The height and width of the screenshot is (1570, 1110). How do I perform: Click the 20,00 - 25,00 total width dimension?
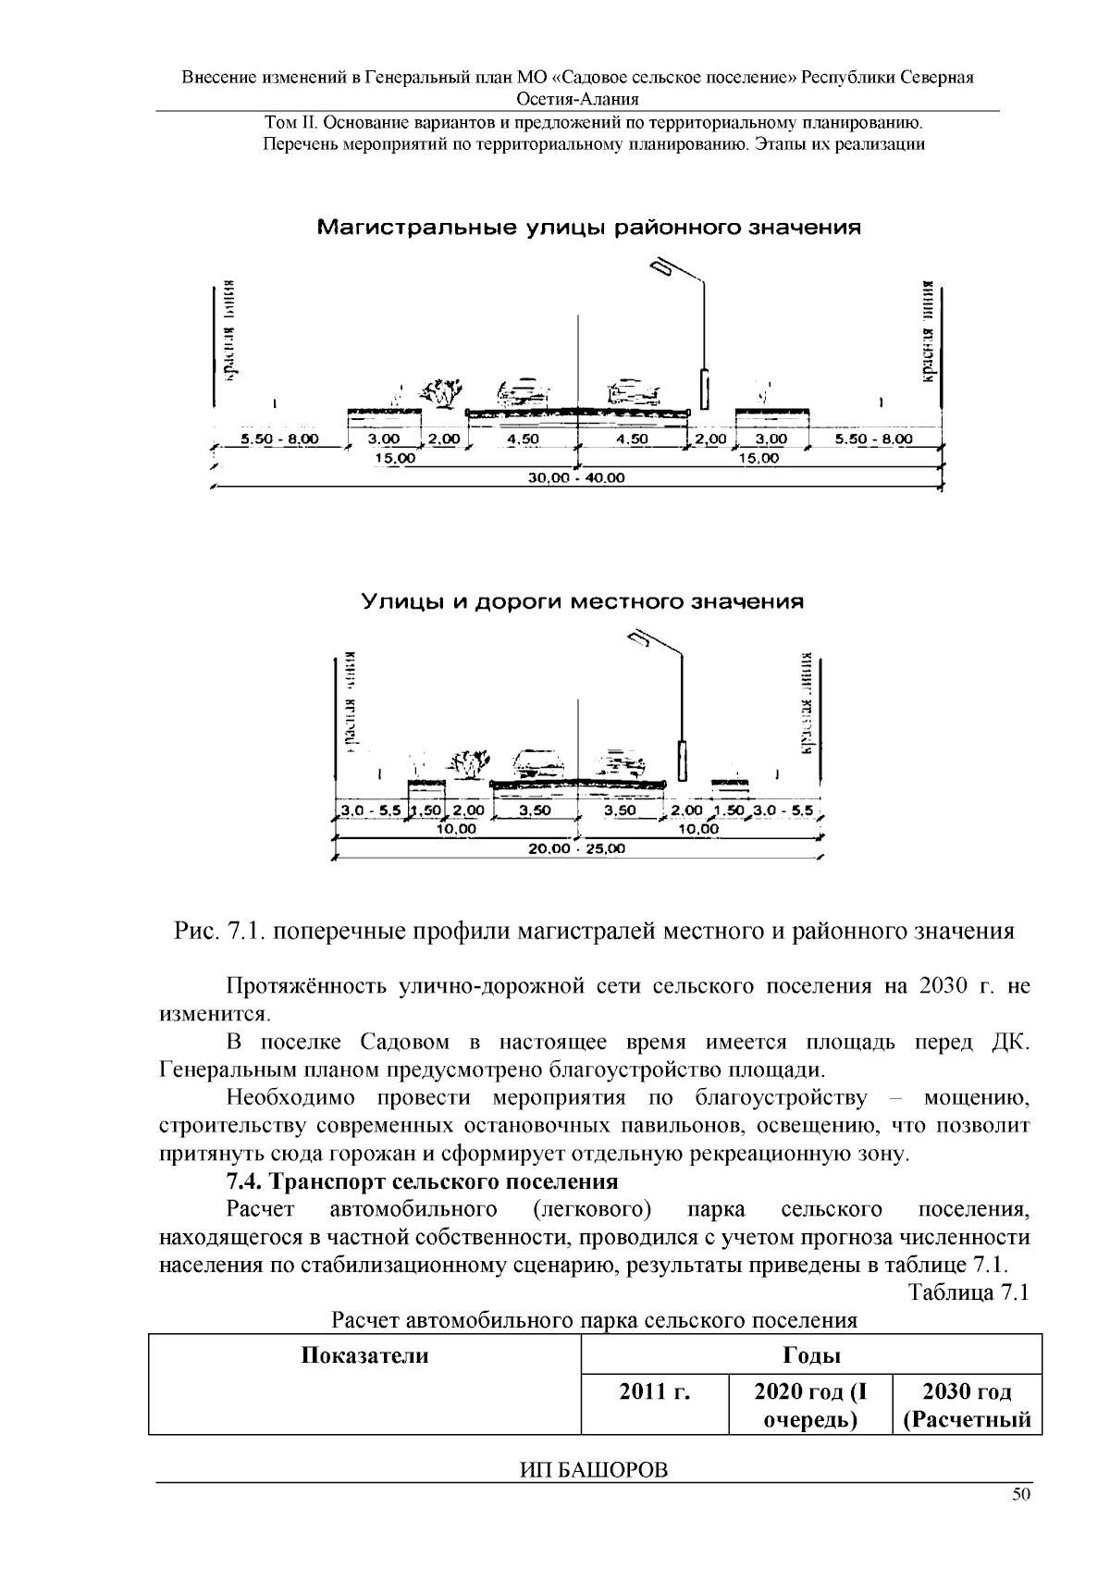click(575, 848)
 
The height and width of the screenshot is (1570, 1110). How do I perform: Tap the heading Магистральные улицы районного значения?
click(589, 227)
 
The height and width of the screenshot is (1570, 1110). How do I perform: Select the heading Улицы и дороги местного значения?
click(582, 602)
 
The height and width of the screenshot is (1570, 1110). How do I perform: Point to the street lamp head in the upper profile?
click(663, 267)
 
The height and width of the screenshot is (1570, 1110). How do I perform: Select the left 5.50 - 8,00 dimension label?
click(279, 439)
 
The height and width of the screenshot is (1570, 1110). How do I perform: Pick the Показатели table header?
click(365, 1356)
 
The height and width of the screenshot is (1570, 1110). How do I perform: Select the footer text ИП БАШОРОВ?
click(594, 1470)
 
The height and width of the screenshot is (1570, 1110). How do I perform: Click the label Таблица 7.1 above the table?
click(968, 1292)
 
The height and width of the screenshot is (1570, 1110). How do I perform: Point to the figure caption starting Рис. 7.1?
click(594, 931)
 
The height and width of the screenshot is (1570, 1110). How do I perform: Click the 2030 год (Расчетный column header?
click(968, 1404)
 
